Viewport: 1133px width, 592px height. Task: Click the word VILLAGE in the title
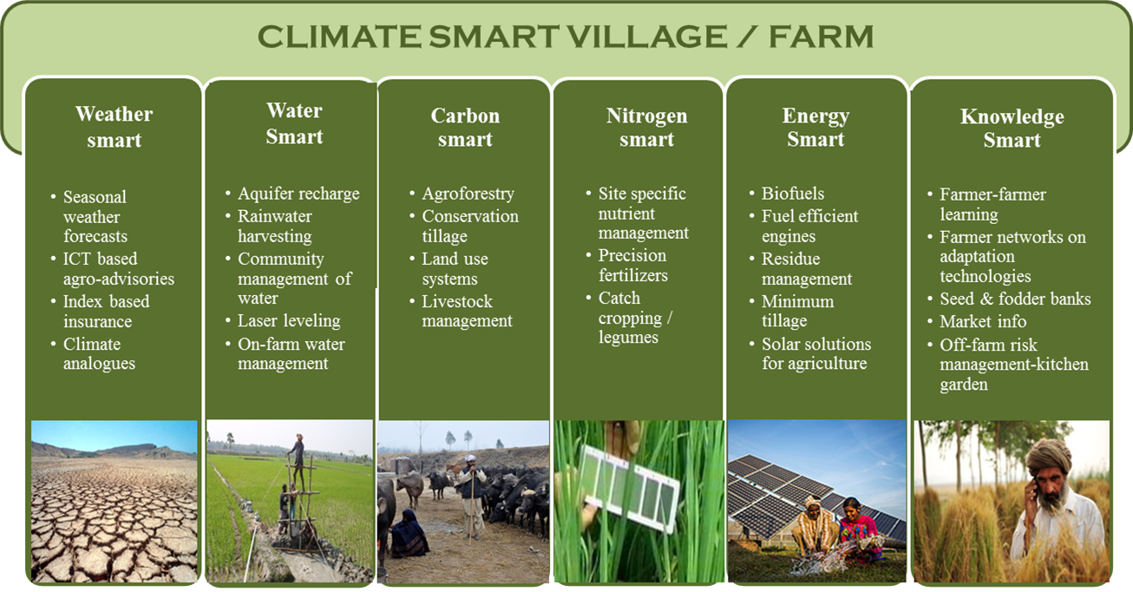(646, 36)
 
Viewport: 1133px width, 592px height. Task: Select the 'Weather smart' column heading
(114, 127)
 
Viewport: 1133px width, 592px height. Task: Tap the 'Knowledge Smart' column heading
(1012, 128)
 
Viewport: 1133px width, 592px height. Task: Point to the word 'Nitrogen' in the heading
(647, 115)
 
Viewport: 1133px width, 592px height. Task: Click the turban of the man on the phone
(1049, 456)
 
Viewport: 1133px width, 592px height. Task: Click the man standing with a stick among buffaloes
(473, 496)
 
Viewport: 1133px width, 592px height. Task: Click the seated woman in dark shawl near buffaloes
(408, 535)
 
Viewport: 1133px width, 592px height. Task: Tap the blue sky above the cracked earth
(114, 434)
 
